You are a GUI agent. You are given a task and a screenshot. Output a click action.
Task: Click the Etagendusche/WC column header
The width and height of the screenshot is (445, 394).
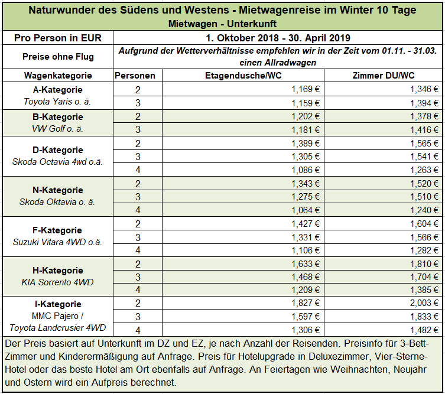pos(243,76)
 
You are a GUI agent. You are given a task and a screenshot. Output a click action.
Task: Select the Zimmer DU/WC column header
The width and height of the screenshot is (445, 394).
pos(384,76)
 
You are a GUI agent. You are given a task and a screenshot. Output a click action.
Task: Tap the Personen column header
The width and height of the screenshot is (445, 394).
pos(135,76)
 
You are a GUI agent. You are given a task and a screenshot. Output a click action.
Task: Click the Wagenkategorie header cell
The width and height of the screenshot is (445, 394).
pos(58,76)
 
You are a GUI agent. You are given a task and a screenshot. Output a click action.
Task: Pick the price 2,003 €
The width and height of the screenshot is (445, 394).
pos(424,303)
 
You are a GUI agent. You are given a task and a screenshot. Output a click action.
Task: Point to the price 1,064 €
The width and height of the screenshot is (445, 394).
pos(306,210)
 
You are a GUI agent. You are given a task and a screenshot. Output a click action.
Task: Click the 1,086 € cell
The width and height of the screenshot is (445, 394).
pos(306,170)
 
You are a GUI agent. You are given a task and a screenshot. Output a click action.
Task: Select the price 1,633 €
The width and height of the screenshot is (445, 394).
pos(306,264)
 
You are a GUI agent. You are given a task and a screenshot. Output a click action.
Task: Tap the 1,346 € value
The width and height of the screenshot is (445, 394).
pos(424,89)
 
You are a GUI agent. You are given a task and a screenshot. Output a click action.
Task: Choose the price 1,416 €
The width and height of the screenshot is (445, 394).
pos(424,130)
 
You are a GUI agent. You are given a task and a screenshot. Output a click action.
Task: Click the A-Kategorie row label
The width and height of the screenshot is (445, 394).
pos(57,90)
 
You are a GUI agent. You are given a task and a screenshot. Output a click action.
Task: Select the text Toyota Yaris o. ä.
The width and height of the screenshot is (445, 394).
pos(57,102)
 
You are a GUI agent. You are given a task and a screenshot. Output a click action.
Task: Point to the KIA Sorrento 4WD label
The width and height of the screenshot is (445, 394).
pos(57,282)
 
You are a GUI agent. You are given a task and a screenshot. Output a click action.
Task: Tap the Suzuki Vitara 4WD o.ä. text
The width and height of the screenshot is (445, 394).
pos(57,242)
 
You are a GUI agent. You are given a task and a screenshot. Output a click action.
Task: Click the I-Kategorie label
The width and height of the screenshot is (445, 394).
pos(58,304)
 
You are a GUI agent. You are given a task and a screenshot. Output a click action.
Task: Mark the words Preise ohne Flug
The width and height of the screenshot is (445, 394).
pos(58,57)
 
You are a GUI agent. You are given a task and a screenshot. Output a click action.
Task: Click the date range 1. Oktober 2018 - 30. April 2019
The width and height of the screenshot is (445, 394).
pos(278,38)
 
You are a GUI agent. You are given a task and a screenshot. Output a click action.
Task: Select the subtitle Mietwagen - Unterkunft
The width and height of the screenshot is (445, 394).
pos(222,24)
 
